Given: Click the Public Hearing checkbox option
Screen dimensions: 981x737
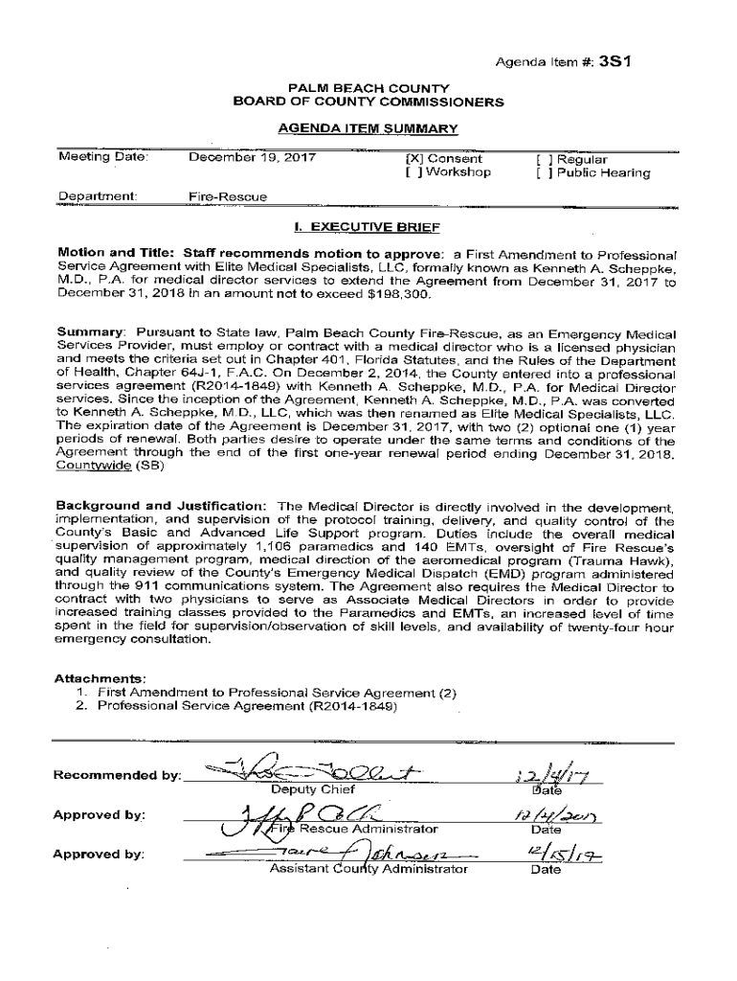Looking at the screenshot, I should pyautogui.click(x=543, y=173).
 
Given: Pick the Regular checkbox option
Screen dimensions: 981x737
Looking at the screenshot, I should pyautogui.click(x=543, y=159).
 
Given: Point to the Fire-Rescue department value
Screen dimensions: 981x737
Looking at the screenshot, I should pyautogui.click(x=228, y=197).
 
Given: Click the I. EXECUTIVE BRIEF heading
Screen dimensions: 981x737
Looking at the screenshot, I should pyautogui.click(x=368, y=228).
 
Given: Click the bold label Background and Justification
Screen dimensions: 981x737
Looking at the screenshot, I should pyautogui.click(x=161, y=505).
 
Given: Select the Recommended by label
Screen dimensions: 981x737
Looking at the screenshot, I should pyautogui.click(x=117, y=775).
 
